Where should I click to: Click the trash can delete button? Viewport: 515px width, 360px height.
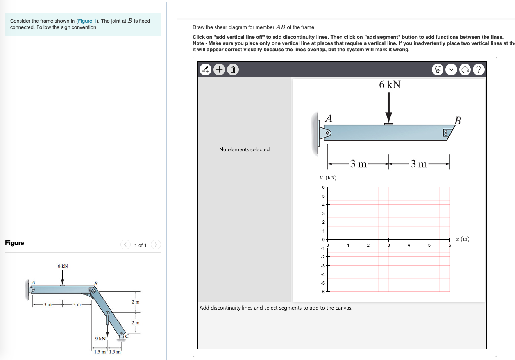pyautogui.click(x=232, y=70)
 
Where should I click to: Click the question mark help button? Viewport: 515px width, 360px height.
pyautogui.click(x=478, y=70)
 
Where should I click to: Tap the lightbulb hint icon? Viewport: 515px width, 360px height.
pyautogui.click(x=438, y=70)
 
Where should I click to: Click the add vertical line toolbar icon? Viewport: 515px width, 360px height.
pyautogui.click(x=206, y=70)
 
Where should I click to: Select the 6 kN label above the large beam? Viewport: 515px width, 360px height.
pyautogui.click(x=390, y=84)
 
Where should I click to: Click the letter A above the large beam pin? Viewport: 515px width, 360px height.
pyautogui.click(x=329, y=118)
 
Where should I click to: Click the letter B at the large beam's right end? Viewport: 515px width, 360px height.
pyautogui.click(x=458, y=120)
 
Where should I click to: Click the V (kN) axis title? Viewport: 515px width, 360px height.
pyautogui.click(x=328, y=177)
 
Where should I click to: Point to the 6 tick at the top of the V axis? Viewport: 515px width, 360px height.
pyautogui.click(x=323, y=187)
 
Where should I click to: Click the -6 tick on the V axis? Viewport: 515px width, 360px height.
pyautogui.click(x=323, y=292)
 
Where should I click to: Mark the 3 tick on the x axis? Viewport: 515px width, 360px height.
pyautogui.click(x=388, y=245)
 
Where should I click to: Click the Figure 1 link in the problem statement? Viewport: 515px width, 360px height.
pyautogui.click(x=85, y=21)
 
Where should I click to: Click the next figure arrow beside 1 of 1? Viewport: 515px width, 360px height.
pyautogui.click(x=156, y=245)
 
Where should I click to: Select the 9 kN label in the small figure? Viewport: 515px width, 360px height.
pyautogui.click(x=100, y=339)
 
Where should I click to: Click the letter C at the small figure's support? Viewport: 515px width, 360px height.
pyautogui.click(x=127, y=335)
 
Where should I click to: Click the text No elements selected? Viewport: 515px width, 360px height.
pyautogui.click(x=244, y=149)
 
